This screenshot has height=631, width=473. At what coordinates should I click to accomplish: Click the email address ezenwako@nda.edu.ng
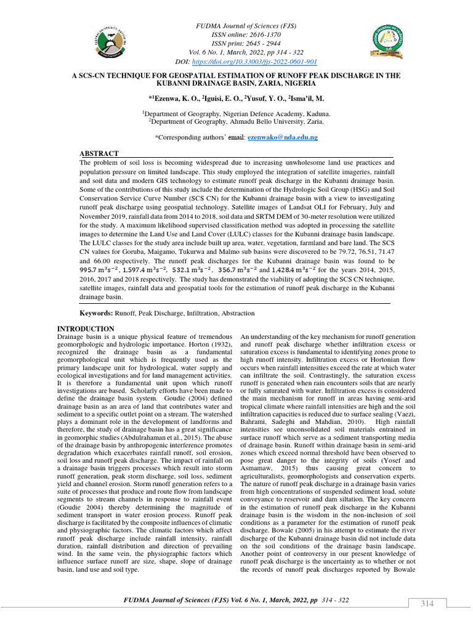click(x=282, y=137)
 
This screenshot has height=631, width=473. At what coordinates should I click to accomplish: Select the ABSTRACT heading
click(x=99, y=153)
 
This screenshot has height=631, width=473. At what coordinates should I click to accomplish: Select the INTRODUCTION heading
click(x=85, y=329)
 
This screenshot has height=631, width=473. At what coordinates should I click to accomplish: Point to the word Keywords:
click(x=98, y=313)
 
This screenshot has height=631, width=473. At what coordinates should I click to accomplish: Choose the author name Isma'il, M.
click(x=302, y=98)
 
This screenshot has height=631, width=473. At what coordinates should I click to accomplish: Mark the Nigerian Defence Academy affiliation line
click(x=236, y=113)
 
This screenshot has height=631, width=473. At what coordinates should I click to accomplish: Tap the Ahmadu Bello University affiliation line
click(x=236, y=121)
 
